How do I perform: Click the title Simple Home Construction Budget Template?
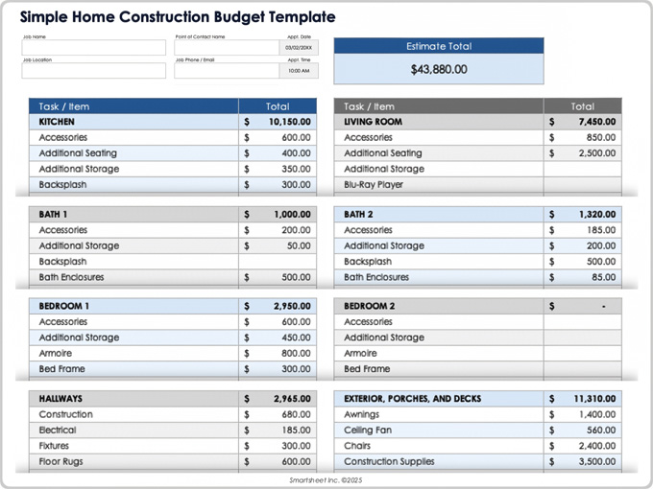[x=178, y=17]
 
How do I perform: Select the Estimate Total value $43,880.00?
[x=439, y=69]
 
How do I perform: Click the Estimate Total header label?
[x=439, y=46]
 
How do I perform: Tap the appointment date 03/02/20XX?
[x=299, y=48]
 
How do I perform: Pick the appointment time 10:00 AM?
[x=299, y=70]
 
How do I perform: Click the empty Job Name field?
[x=80, y=48]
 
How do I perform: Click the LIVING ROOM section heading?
[x=373, y=122]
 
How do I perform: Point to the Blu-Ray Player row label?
[x=374, y=184]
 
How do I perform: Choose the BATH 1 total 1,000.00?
[x=291, y=215]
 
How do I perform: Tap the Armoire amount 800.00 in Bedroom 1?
[x=296, y=353]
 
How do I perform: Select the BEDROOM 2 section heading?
[x=369, y=307]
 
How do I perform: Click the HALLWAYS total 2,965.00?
[x=291, y=399]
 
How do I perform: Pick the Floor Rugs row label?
[x=60, y=461]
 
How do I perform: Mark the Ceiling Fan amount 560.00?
[x=600, y=431]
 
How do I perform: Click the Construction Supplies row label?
[x=389, y=461]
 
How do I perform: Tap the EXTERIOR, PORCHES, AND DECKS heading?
[x=412, y=399]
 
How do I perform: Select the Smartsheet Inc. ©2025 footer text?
[x=326, y=479]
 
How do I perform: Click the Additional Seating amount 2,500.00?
[x=596, y=153]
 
